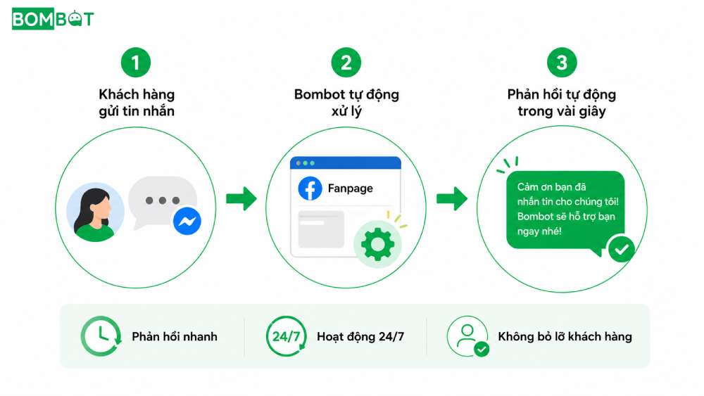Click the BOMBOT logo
coord(53,19)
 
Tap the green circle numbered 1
coord(136,63)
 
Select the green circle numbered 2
coord(346,63)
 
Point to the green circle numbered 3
coord(562,63)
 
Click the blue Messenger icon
coord(187,221)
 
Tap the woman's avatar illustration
coord(95,212)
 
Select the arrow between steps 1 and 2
coord(241,198)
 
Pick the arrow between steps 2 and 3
coord(452,198)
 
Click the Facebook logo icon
coord(310,189)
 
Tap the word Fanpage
coord(350,189)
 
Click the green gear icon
coord(377,244)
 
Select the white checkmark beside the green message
coord(622,249)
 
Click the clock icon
coord(101,336)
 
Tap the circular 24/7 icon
coord(287,336)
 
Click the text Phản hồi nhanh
coord(175,336)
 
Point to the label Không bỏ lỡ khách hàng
coord(565,336)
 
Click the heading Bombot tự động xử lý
coord(346,102)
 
